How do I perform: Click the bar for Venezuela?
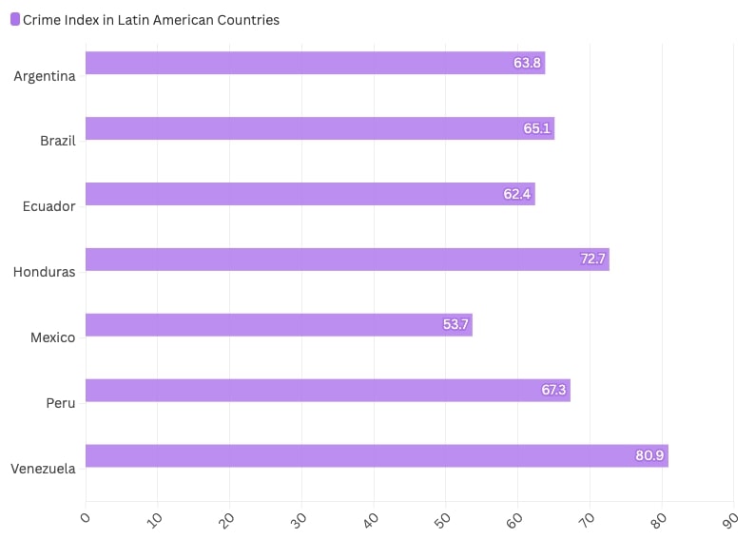click(x=377, y=455)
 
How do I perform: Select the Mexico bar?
click(x=279, y=325)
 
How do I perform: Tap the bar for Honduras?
click(x=347, y=260)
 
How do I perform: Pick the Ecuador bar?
click(x=310, y=194)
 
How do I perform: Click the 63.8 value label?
click(x=527, y=63)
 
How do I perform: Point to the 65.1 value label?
click(x=536, y=128)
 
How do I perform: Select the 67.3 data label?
click(x=553, y=390)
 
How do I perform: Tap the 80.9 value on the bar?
click(x=649, y=456)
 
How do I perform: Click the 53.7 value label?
click(x=455, y=325)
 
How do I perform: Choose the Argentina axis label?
click(x=45, y=76)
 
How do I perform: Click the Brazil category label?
click(x=58, y=141)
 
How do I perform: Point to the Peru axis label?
click(x=61, y=403)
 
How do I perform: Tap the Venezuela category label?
click(x=43, y=468)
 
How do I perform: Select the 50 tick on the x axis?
click(x=442, y=519)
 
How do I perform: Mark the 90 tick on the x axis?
click(x=730, y=519)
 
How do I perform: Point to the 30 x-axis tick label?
click(x=299, y=519)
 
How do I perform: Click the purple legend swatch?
click(x=14, y=19)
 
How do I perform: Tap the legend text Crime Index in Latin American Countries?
click(x=151, y=19)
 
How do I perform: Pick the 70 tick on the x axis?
click(x=587, y=519)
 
